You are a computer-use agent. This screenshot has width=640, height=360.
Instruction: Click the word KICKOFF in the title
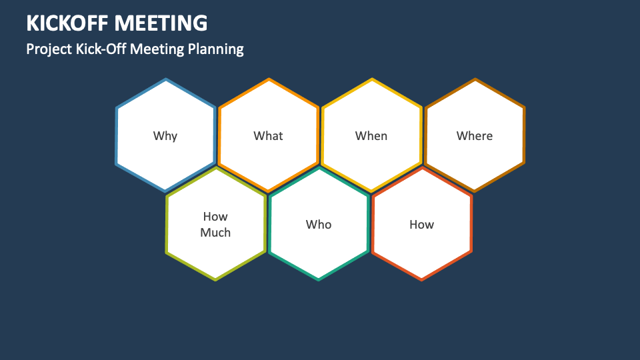pyautogui.click(x=68, y=23)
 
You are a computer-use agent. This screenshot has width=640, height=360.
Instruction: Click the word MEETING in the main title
pyautogui.click(x=161, y=23)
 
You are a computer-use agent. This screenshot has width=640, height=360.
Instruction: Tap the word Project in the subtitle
pyautogui.click(x=48, y=49)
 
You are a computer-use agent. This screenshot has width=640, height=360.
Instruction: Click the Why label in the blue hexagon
pyautogui.click(x=165, y=136)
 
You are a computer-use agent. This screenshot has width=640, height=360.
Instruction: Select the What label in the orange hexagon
pyautogui.click(x=268, y=136)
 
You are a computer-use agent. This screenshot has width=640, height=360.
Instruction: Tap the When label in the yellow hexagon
pyautogui.click(x=371, y=136)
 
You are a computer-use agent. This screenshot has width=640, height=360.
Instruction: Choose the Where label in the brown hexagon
pyautogui.click(x=475, y=136)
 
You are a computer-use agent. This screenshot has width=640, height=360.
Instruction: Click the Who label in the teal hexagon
pyautogui.click(x=319, y=225)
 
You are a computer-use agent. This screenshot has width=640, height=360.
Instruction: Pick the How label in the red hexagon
pyautogui.click(x=421, y=225)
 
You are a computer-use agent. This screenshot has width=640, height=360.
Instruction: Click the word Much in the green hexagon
pyautogui.click(x=215, y=233)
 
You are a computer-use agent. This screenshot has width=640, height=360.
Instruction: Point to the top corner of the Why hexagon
pyautogui.click(x=165, y=79)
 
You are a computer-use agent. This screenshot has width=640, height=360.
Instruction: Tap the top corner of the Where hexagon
pyautogui.click(x=475, y=79)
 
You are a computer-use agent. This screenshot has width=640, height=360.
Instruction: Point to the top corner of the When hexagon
pyautogui.click(x=371, y=79)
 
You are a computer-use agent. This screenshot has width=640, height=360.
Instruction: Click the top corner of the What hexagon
pyautogui.click(x=268, y=79)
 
